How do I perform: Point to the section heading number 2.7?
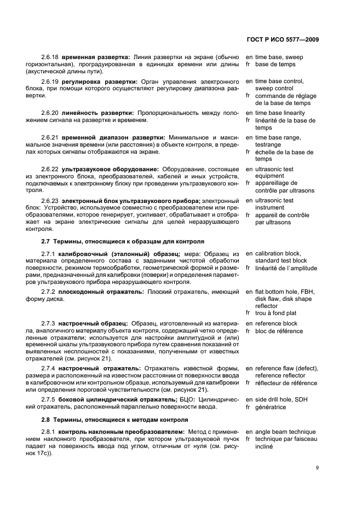(x=46, y=241)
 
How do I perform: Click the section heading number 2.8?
(x=46, y=419)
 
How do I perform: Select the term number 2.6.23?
(x=50, y=201)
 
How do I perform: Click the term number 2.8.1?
(x=49, y=432)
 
